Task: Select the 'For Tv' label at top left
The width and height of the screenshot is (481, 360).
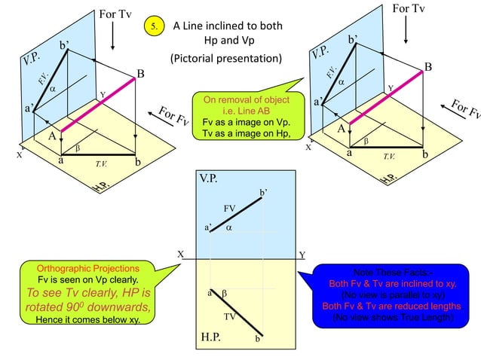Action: [x=114, y=14]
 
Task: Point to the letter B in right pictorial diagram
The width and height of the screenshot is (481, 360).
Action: [x=428, y=68]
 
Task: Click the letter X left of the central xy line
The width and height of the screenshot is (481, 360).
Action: [x=180, y=255]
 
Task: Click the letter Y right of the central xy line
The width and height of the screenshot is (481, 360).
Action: [x=302, y=255]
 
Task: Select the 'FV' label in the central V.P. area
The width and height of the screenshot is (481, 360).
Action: [x=230, y=207]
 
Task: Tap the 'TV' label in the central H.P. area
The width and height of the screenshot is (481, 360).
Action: [x=231, y=316]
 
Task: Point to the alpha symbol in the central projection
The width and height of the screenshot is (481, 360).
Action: [x=228, y=226]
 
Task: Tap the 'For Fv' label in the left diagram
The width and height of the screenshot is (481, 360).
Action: [x=173, y=118]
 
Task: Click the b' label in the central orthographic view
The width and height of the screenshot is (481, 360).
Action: [x=262, y=194]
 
